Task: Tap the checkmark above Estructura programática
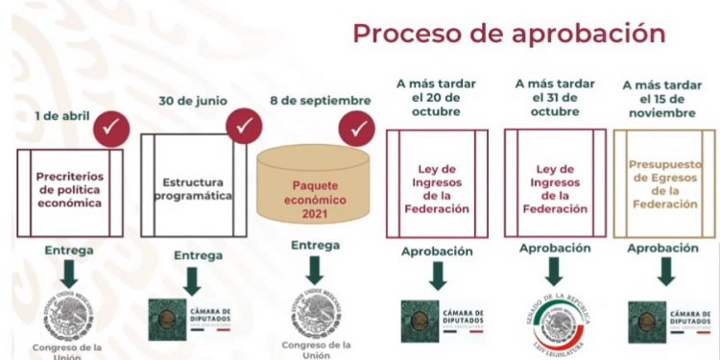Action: (244, 124)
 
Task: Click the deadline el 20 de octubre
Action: (436, 100)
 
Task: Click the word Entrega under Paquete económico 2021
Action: (314, 245)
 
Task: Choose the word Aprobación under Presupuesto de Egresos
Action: (662, 249)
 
